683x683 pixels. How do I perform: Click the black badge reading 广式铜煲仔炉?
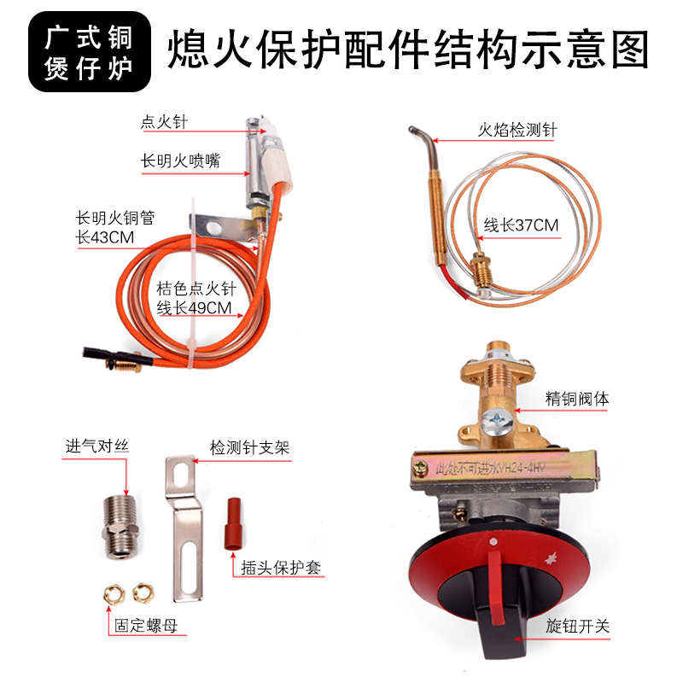[90, 52]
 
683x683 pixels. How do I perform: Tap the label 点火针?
[164, 121]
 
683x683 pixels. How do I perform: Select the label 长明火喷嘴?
[180, 161]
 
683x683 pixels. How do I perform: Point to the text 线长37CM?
[521, 225]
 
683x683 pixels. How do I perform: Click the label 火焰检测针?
[517, 130]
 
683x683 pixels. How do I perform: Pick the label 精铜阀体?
[577, 399]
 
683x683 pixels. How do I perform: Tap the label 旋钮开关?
[578, 627]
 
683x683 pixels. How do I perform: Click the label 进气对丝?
[97, 446]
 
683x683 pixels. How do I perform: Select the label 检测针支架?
[249, 447]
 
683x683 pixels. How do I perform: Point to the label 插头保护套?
[281, 568]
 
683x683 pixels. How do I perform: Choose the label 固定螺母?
[146, 626]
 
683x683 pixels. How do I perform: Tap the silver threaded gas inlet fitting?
[120, 526]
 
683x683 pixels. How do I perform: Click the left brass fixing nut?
[114, 594]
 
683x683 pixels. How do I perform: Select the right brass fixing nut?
[143, 593]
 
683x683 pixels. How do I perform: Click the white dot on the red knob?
[493, 542]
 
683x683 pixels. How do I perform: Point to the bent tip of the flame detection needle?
[412, 129]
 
